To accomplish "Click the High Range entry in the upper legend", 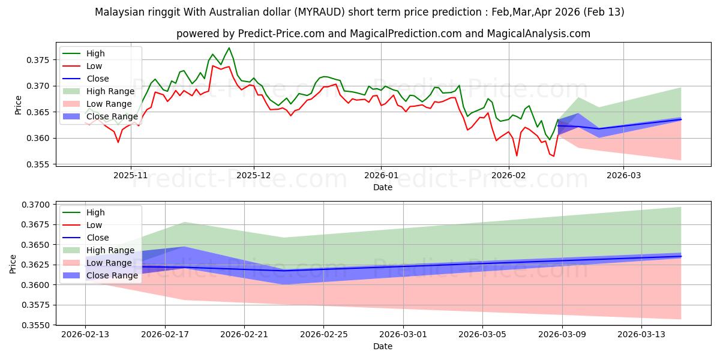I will (x=110, y=91).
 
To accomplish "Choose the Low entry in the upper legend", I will (x=94, y=66).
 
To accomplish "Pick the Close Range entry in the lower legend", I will (x=112, y=275).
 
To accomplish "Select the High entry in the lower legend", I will (x=95, y=212).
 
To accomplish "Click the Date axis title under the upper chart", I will (x=383, y=187).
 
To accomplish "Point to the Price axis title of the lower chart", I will (x=13, y=264).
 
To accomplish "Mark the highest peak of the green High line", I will (x=229, y=47).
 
